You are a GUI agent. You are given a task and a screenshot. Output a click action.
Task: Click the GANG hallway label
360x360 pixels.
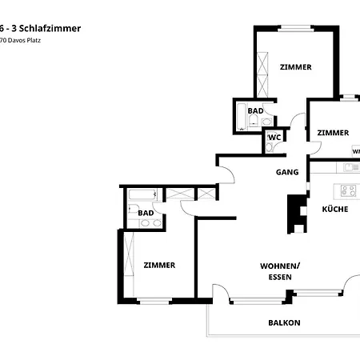tap(287, 172)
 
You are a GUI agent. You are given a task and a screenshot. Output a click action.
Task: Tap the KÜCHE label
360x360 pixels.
tap(334, 209)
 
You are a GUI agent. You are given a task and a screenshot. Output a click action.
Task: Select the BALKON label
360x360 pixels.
tap(283, 323)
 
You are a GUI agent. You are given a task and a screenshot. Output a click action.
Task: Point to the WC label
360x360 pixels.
tap(275, 138)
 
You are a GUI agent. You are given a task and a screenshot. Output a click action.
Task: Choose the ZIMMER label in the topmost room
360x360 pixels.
tap(295, 67)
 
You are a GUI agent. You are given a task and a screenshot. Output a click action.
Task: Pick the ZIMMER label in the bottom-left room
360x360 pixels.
tap(159, 265)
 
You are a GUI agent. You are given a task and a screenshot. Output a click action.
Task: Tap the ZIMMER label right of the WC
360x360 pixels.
tap(332, 133)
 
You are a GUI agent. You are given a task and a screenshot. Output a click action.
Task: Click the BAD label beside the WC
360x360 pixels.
tap(255, 111)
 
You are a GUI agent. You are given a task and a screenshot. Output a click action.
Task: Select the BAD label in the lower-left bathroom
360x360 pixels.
tap(146, 213)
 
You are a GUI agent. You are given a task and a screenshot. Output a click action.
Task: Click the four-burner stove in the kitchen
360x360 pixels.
tap(349, 190)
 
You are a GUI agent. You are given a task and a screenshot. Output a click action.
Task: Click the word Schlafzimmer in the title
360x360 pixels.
tap(52, 28)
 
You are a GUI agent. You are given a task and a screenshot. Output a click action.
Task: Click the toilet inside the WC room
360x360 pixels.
tap(270, 144)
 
